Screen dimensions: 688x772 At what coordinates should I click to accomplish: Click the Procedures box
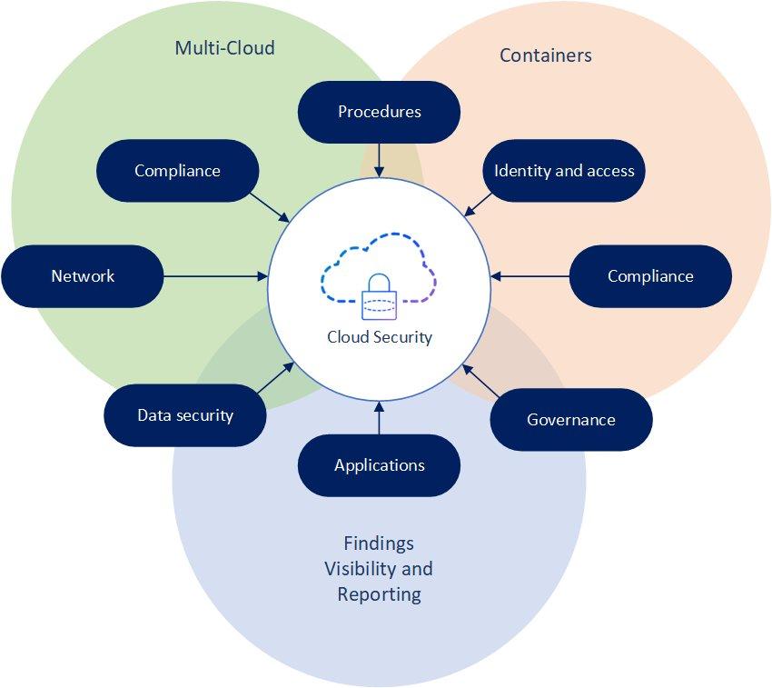point(379,112)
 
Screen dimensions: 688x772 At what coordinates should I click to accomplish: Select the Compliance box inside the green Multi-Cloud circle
point(177,170)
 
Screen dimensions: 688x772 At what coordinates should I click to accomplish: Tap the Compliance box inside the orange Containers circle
point(650,276)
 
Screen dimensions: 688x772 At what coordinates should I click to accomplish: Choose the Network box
point(83,276)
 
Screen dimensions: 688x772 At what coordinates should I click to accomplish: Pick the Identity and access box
point(564,170)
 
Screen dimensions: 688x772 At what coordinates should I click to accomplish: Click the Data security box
point(185,415)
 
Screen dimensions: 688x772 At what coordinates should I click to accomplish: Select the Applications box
point(379,465)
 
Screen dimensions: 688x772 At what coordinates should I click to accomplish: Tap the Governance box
point(571,419)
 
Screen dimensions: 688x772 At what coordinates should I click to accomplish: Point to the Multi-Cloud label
point(224,47)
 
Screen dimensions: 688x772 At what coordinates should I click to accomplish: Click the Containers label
point(546,55)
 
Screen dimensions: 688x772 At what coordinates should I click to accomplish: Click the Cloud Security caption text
point(380,337)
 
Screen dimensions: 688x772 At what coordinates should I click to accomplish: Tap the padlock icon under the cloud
point(380,296)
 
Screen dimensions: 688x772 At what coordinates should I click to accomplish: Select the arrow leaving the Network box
point(216,276)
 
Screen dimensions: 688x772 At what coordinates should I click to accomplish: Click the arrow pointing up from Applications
point(379,419)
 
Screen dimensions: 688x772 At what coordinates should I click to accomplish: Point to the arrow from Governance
point(480,381)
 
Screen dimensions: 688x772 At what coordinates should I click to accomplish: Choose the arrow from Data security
point(276,379)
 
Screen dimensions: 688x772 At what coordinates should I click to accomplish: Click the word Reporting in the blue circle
point(379,594)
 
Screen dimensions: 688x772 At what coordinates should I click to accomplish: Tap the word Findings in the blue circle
point(379,543)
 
